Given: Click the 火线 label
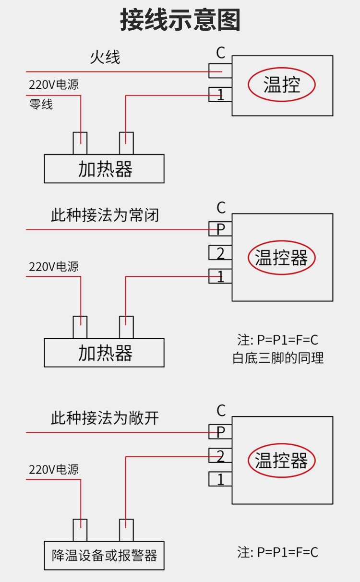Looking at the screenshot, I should pos(105,57).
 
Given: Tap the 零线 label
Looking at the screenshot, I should pos(41,104).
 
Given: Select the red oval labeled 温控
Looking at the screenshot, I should pos(282,85).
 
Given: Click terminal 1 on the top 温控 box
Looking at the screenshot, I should pos(220,95).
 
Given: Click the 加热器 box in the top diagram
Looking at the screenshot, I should pos(104,169).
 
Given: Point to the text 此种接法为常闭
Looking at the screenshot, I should pos(105,215).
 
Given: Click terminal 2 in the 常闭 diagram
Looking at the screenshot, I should pos(220,253).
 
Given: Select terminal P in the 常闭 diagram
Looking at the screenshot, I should pos(220,229).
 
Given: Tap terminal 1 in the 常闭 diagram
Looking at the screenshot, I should pos(220,276).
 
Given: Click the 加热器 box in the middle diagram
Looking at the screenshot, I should pos(104,353).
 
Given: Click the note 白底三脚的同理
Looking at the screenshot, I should pos(278,358).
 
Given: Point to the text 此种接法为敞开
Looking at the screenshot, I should pos(105,418).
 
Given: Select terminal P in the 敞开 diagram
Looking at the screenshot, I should pos(220,432).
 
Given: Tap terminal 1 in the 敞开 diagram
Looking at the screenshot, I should pos(220,479).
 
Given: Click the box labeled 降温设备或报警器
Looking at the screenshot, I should pos(104,556).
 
